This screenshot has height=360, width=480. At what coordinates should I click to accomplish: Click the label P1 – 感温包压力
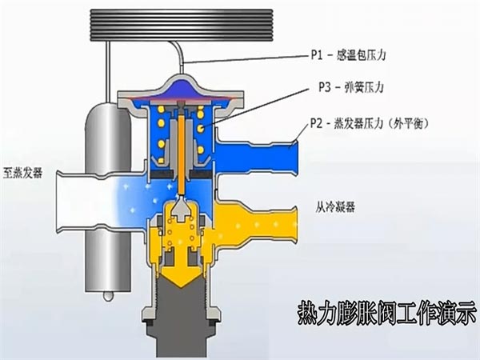pyautogui.click(x=348, y=55)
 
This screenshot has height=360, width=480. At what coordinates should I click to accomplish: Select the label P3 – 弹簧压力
pyautogui.click(x=351, y=87)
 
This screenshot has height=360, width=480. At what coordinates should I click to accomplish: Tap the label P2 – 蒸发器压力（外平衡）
pyautogui.click(x=369, y=123)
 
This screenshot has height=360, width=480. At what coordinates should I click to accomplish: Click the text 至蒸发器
pyautogui.click(x=22, y=172)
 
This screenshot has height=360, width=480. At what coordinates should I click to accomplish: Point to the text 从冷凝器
pyautogui.click(x=335, y=207)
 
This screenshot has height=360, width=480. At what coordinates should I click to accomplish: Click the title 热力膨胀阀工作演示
pyautogui.click(x=388, y=313)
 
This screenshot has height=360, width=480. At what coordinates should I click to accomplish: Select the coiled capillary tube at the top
pyautogui.click(x=182, y=25)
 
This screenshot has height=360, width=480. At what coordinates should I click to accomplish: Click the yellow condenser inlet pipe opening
pyautogui.click(x=293, y=226)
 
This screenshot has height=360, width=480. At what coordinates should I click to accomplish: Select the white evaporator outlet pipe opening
pyautogui.click(x=62, y=202)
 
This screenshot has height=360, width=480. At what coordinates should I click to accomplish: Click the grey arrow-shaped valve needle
pyautogui.click(x=182, y=210)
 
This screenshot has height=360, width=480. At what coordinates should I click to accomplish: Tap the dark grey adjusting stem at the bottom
pyautogui.click(x=182, y=318)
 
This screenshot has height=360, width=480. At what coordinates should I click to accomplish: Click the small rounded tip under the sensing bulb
pyautogui.click(x=108, y=296)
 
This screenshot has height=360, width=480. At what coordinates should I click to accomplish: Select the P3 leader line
pyautogui.click(x=256, y=107)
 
